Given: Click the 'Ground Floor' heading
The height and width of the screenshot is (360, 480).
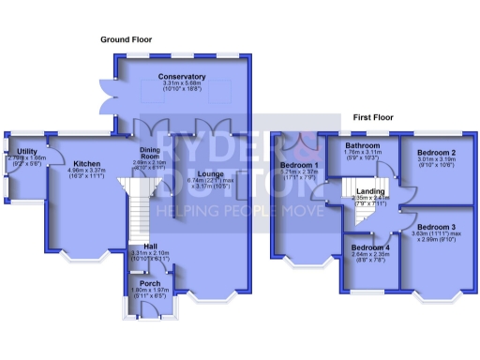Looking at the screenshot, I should click(x=127, y=38).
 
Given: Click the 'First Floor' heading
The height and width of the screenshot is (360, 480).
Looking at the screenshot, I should click(x=373, y=118).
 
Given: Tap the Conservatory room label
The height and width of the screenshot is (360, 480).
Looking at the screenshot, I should click(x=182, y=76).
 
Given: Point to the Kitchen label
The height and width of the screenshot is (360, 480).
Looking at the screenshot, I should click(x=86, y=163).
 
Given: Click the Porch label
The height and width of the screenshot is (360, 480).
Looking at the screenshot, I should click(x=149, y=282).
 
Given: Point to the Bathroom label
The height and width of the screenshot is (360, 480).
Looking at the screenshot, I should click(x=361, y=146).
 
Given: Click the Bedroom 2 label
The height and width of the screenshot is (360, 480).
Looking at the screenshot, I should click(x=436, y=152).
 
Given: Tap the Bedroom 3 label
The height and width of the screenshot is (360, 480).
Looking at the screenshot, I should click(x=436, y=228).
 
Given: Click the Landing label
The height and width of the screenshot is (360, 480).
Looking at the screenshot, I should click(x=368, y=191).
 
